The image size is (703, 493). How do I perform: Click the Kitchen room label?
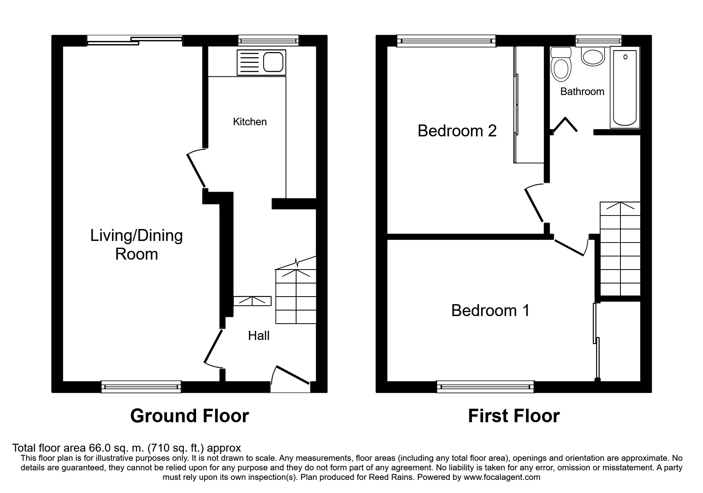(x=250, y=122)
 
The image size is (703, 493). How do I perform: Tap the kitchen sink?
(x=261, y=62)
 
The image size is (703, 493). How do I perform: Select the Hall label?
(x=259, y=336)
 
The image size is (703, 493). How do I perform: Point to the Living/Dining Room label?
(x=137, y=245)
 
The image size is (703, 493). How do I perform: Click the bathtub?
(x=625, y=87)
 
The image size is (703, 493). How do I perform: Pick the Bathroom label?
(x=582, y=91)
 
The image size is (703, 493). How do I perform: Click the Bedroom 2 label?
(x=457, y=130)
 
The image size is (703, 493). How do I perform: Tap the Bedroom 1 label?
(x=490, y=311)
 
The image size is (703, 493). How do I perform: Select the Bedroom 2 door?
(x=534, y=203)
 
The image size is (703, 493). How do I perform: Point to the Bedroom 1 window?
(x=485, y=386)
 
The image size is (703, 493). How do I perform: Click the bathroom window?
(x=599, y=40)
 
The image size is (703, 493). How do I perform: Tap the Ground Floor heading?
(x=189, y=416)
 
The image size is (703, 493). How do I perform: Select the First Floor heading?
(x=514, y=416)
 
